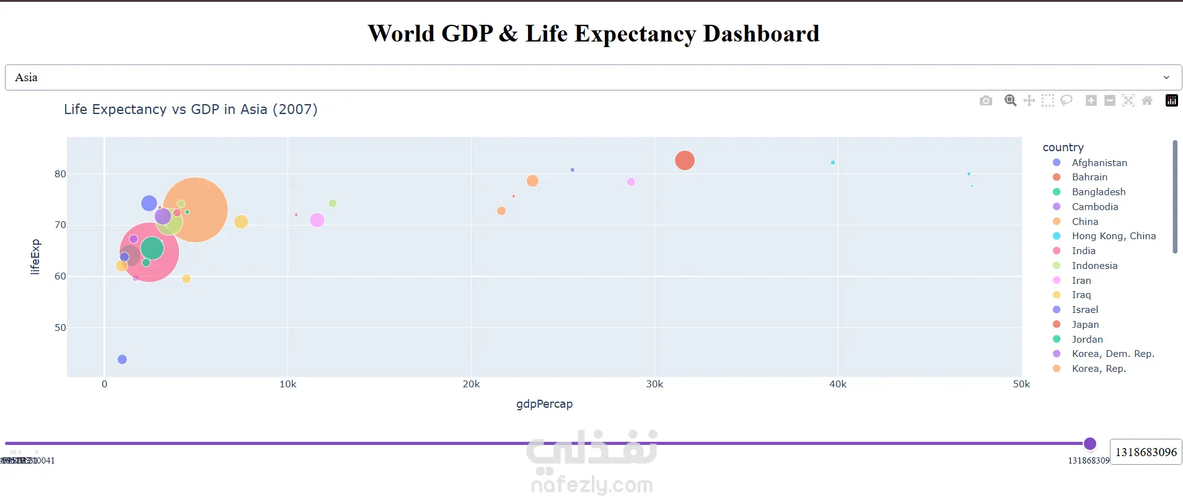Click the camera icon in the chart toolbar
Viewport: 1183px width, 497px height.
(x=985, y=100)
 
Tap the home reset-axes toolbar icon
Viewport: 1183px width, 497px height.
(x=1147, y=100)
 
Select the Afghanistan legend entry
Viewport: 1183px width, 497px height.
(x=1099, y=162)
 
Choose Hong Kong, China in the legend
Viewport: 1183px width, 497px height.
(x=1113, y=236)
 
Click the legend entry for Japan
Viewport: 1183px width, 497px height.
(x=1085, y=324)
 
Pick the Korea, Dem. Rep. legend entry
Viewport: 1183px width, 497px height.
(x=1112, y=354)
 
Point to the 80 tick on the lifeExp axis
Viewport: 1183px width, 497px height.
(x=60, y=174)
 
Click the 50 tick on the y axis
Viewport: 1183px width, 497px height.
(x=60, y=328)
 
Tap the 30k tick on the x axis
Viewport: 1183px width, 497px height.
(x=654, y=384)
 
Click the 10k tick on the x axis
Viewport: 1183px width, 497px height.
(x=288, y=384)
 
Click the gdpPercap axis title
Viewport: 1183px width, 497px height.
(x=544, y=404)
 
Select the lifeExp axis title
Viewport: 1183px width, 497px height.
(x=35, y=257)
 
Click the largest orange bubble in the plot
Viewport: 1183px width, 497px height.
(x=195, y=209)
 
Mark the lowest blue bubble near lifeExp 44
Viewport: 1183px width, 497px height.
(x=122, y=359)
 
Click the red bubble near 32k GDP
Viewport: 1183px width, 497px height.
(x=685, y=161)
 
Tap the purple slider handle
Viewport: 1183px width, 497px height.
(x=1090, y=444)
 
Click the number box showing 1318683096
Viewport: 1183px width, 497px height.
(x=1145, y=452)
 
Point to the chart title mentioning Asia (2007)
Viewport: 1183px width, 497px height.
(x=190, y=110)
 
